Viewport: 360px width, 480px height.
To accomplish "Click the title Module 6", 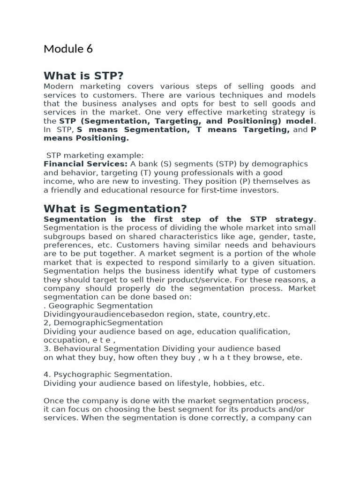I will pos(68,49).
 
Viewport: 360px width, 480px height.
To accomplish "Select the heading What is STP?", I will pos(86,76).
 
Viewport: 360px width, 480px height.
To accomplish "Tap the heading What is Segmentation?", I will pos(115,209).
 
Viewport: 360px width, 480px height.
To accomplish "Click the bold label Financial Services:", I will pos(85,164).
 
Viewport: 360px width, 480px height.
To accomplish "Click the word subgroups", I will pos(65,237).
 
